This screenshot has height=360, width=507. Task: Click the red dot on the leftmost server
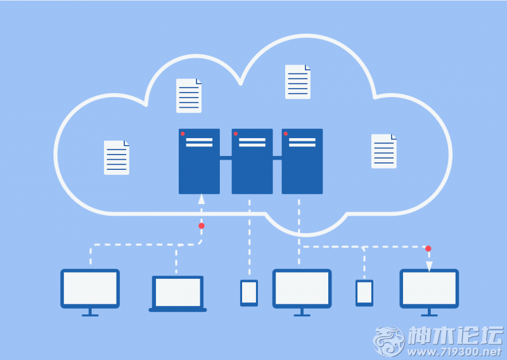tap(183, 134)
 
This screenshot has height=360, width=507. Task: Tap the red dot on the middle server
tap(236, 134)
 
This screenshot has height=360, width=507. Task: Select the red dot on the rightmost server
tap(286, 134)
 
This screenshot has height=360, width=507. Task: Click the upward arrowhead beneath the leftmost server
tap(202, 199)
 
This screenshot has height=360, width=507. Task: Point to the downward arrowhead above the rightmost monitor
tap(429, 266)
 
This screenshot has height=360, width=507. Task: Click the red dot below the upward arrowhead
tap(202, 226)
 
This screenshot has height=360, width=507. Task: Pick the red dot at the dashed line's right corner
tap(428, 248)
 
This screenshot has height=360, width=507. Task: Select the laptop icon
tap(177, 293)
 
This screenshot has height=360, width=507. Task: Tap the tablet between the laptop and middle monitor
tap(249, 293)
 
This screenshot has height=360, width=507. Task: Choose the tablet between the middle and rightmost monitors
tap(364, 293)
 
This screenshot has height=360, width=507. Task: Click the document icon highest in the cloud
tap(298, 82)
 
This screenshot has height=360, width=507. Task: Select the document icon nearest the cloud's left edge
tap(117, 158)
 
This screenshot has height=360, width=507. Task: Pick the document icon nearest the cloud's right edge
tap(384, 151)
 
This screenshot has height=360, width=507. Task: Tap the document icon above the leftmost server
tap(189, 96)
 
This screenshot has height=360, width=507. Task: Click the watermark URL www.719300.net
tap(454, 352)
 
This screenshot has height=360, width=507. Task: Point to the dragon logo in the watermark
tap(388, 341)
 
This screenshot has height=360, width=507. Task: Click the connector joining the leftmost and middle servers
tap(226, 158)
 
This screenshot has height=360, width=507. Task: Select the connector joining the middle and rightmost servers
tap(277, 158)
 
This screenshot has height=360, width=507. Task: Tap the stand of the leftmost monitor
tap(90, 312)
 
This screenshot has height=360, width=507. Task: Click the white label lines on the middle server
tap(252, 143)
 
